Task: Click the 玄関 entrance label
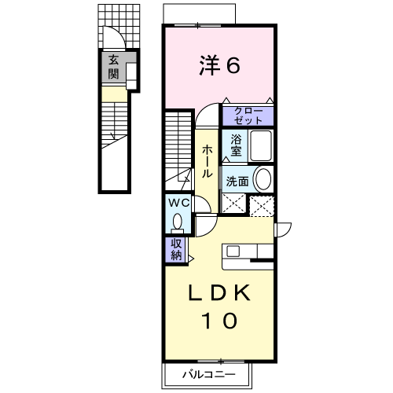coord(113,67)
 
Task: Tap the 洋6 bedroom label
coord(219,65)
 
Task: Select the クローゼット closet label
coord(248,116)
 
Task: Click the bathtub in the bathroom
coord(261,145)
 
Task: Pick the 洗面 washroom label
coord(237,181)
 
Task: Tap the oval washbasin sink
coord(263,179)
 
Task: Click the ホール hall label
coord(207,161)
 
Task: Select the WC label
coord(179,203)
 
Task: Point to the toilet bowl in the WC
coord(178,222)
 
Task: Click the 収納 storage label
coord(176,250)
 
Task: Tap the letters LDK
coord(219,292)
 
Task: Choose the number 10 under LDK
coord(219,321)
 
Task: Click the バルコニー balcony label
coord(208,375)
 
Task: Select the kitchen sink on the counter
coord(233,252)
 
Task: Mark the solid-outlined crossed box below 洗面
coord(234,204)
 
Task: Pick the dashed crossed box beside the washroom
coord(262,207)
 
